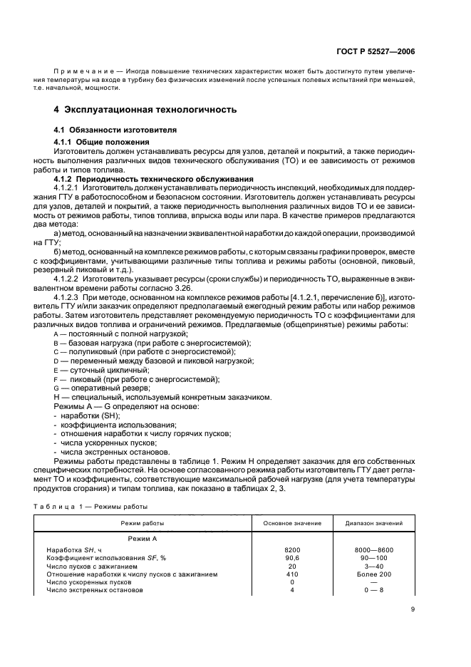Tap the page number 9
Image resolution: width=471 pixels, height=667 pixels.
click(413, 608)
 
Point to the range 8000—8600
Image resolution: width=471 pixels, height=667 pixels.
click(375, 550)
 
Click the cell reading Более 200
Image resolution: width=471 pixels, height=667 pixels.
click(375, 574)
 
